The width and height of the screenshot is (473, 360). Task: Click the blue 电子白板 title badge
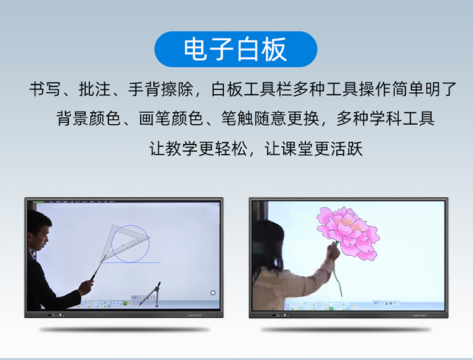[236, 49]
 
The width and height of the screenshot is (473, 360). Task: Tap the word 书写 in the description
[45, 90]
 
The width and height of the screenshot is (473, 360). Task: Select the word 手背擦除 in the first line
[160, 90]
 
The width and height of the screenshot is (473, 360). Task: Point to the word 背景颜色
[88, 118]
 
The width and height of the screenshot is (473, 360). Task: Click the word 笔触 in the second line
[237, 118]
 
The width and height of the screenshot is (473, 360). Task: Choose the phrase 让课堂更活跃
[313, 148]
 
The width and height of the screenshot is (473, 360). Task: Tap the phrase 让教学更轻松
[198, 148]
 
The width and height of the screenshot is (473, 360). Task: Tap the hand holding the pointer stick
[86, 286]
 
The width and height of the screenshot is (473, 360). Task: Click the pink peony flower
[348, 232]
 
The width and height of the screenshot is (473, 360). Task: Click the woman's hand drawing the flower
[333, 251]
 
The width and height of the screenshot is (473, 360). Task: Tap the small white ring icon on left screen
[213, 293]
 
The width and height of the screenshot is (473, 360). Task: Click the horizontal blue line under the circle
[132, 262]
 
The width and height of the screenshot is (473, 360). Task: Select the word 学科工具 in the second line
[402, 118]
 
